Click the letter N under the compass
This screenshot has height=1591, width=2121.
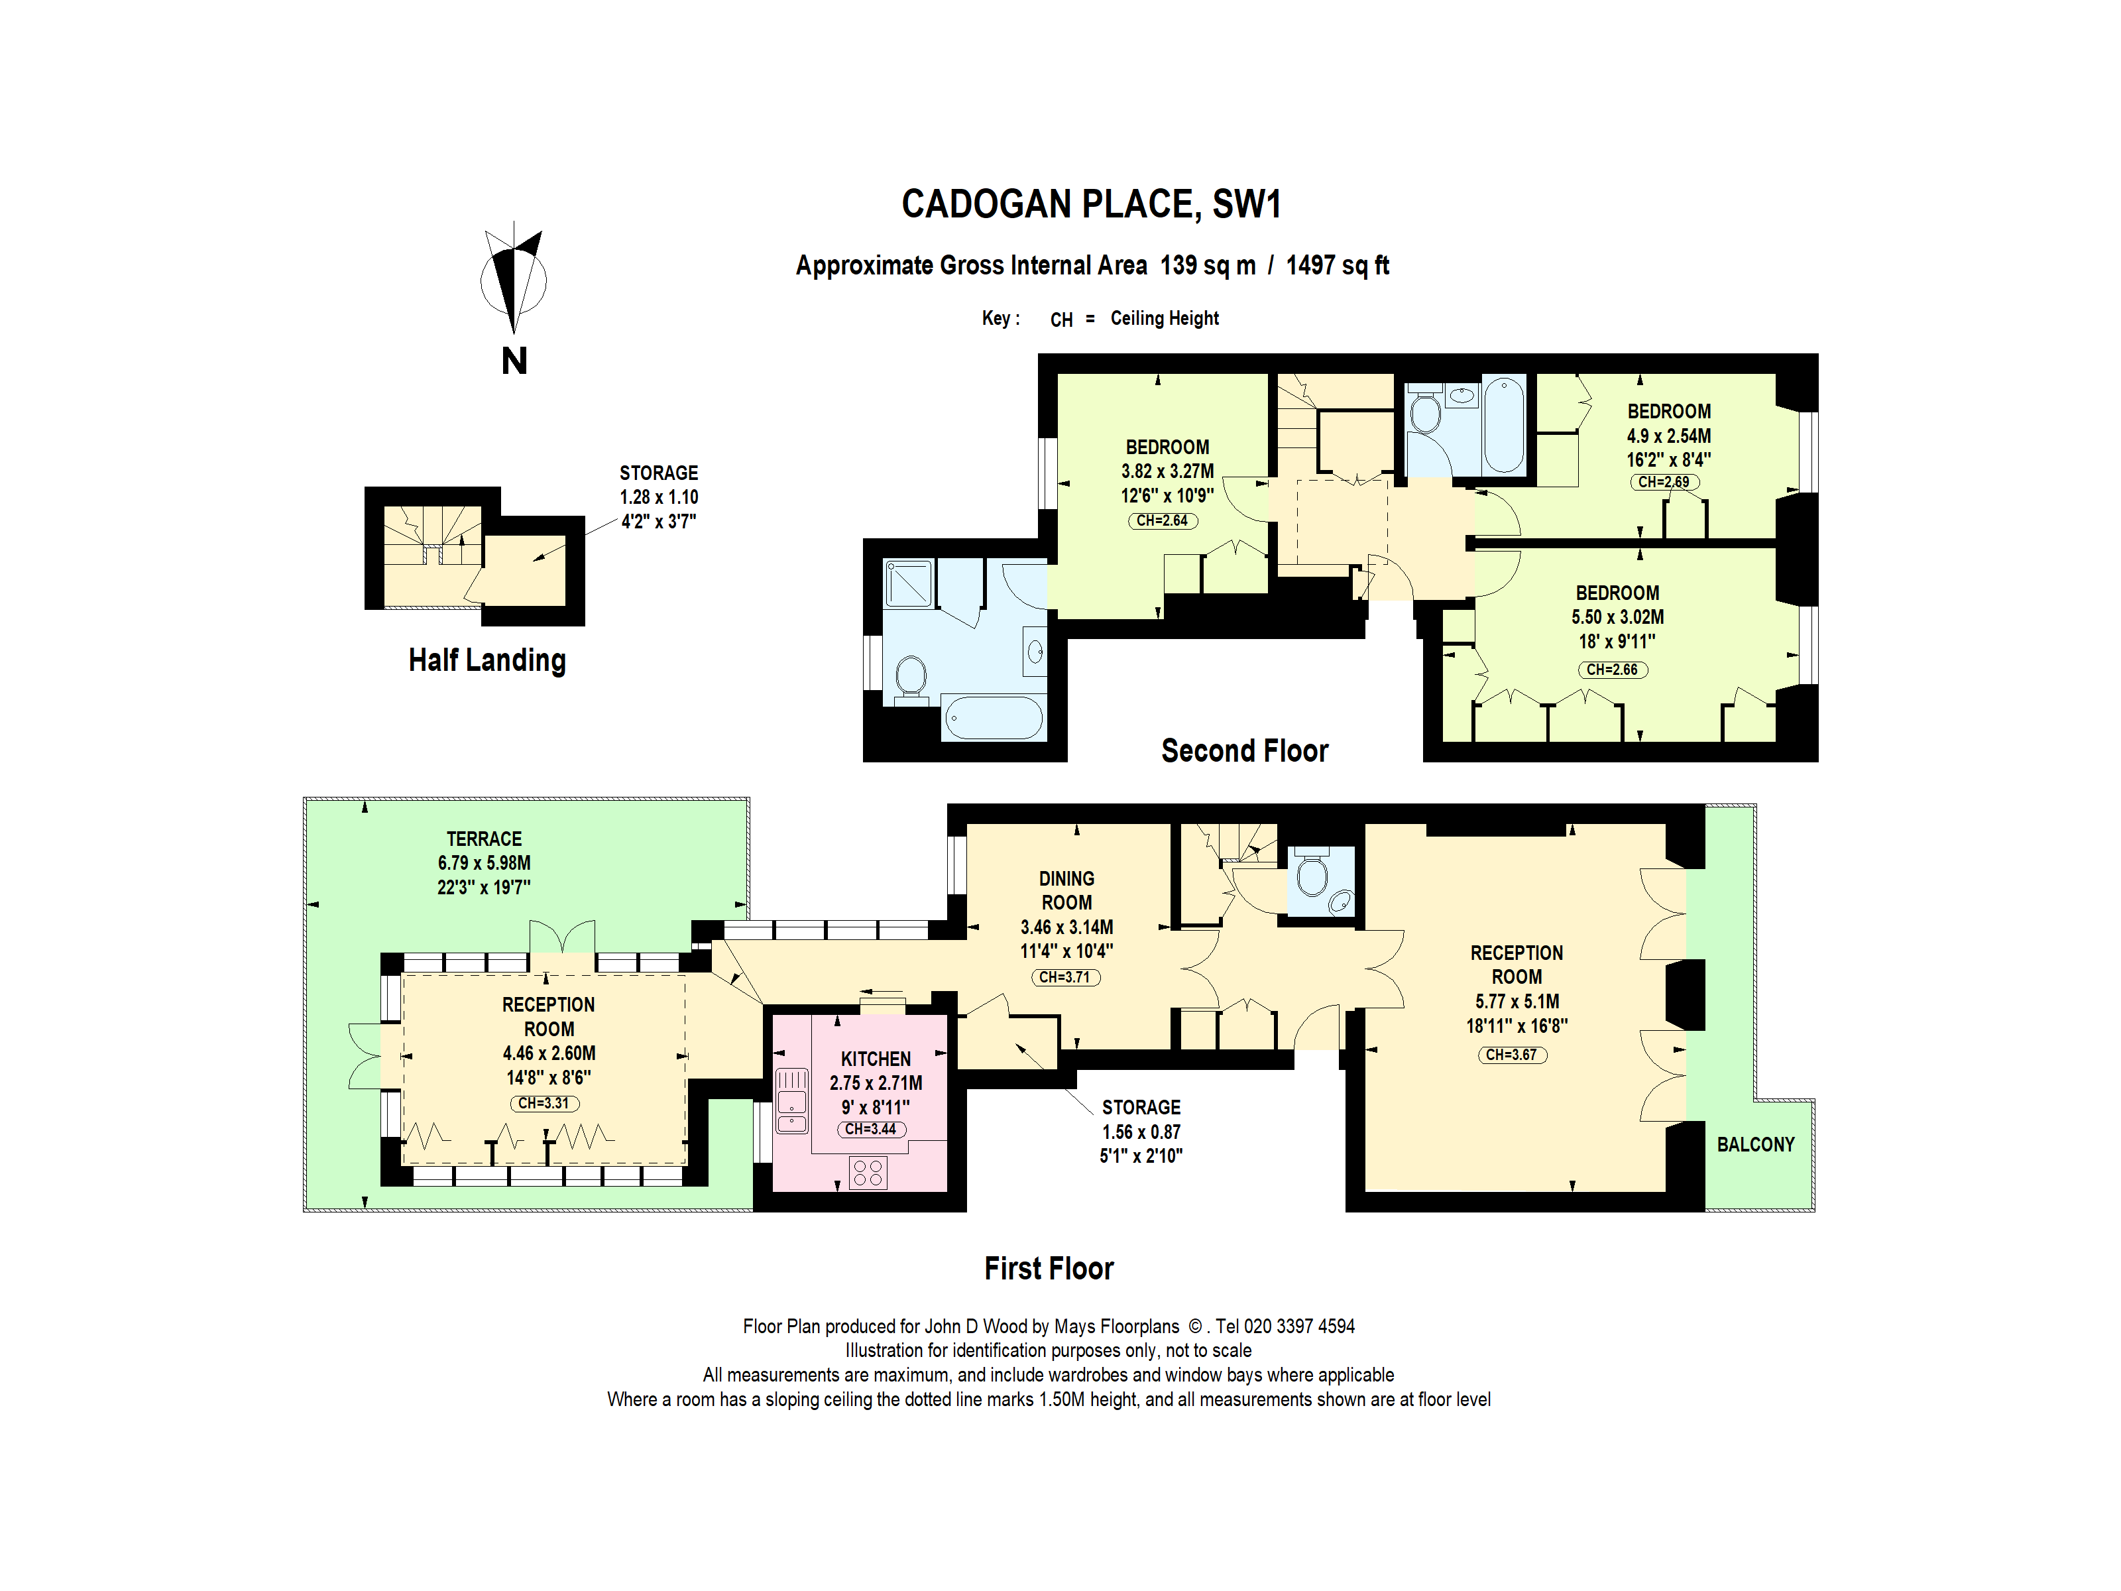[514, 361]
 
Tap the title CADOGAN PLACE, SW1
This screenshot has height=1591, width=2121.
[1090, 204]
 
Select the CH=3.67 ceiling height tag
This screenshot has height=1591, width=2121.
[1511, 1055]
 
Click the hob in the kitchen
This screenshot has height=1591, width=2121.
[867, 1172]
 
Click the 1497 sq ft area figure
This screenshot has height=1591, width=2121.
[1337, 266]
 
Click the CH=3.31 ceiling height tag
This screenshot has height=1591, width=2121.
[544, 1103]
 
